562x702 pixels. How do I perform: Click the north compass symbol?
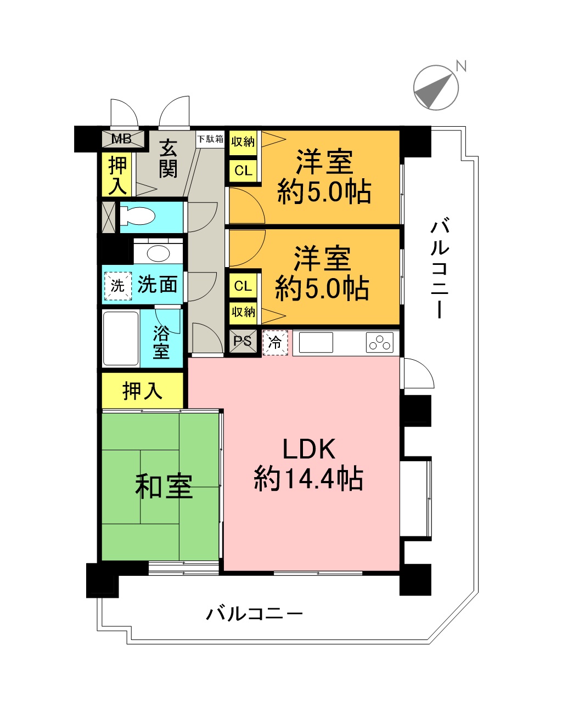click(x=436, y=87)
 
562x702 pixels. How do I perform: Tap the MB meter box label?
click(x=121, y=139)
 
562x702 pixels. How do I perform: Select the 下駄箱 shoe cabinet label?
click(x=210, y=139)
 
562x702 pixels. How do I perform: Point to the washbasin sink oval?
click(x=159, y=253)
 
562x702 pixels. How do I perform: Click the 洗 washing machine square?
click(x=117, y=286)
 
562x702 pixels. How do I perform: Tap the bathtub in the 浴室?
click(x=121, y=338)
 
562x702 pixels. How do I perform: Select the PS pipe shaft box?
click(x=243, y=341)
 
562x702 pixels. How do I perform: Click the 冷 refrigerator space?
click(x=276, y=342)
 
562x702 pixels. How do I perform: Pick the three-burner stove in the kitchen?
click(x=379, y=342)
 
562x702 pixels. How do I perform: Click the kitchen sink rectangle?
click(x=316, y=342)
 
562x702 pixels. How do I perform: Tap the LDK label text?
click(x=308, y=450)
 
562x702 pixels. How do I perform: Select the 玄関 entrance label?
click(x=168, y=158)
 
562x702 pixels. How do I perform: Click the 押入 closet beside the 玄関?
click(x=117, y=175)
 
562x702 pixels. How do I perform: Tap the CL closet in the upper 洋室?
click(x=243, y=170)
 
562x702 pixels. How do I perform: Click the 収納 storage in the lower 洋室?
click(x=243, y=312)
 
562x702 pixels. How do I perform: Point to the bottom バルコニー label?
click(x=254, y=614)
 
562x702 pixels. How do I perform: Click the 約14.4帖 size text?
click(x=308, y=479)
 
